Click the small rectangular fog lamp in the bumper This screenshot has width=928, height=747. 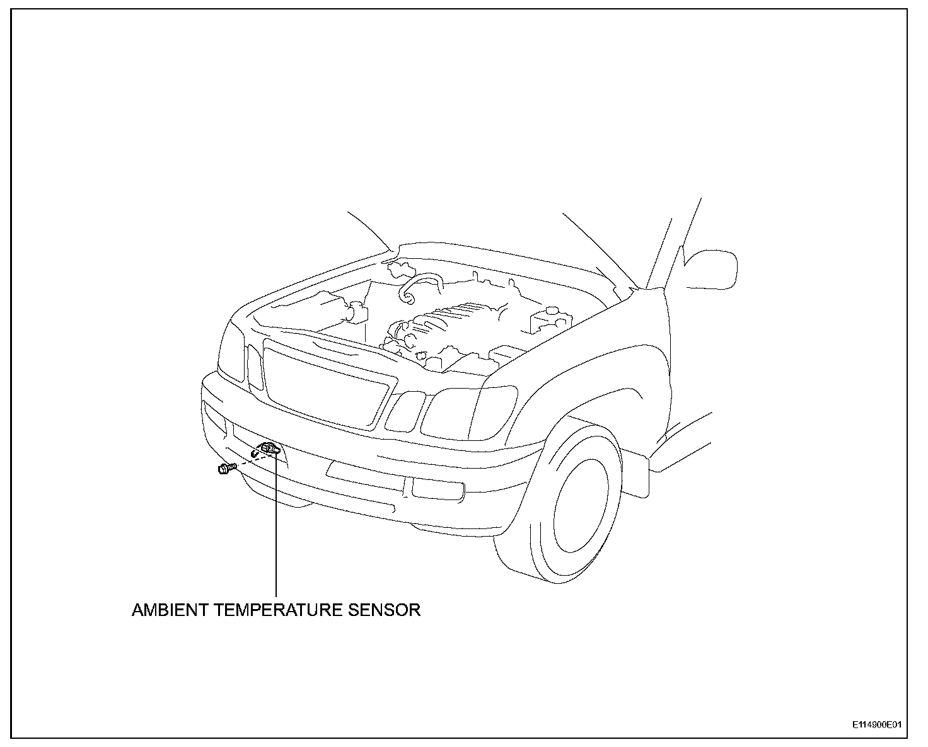pyautogui.click(x=438, y=490)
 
